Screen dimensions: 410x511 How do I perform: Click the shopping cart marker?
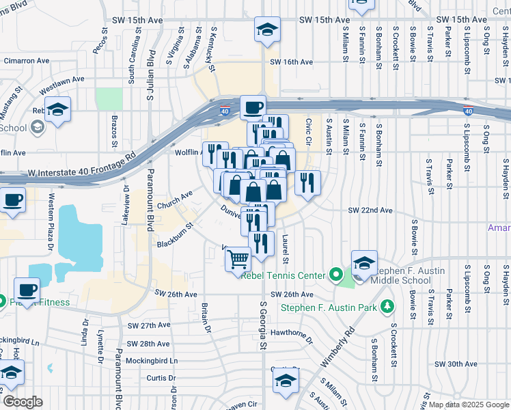pyautogui.click(x=238, y=259)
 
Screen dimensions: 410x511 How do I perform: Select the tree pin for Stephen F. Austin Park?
pyautogui.click(x=388, y=306)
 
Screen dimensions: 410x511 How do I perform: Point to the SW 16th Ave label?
pyautogui.click(x=291, y=62)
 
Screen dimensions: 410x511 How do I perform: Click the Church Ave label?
pyautogui.click(x=174, y=198)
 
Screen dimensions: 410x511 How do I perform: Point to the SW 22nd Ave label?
pyautogui.click(x=370, y=210)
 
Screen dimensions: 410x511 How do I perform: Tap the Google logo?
pyautogui.click(x=23, y=402)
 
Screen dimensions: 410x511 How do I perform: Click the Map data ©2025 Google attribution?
pyautogui.click(x=469, y=405)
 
